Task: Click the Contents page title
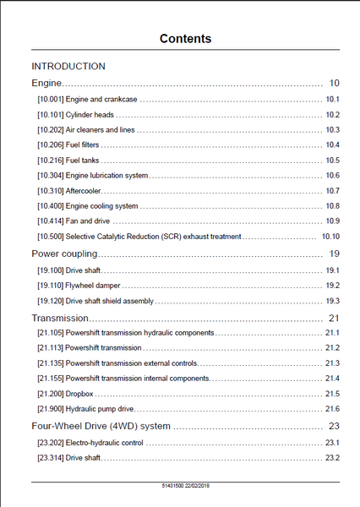pyautogui.click(x=185, y=39)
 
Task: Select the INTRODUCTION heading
pyautogui.click(x=68, y=66)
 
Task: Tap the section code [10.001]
pyautogui.click(x=51, y=99)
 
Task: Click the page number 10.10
pyautogui.click(x=330, y=237)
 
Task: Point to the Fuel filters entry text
pyautogui.click(x=82, y=144)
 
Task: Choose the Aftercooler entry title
pyautogui.click(x=84, y=191)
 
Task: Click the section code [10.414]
pyautogui.click(x=51, y=221)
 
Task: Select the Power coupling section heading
pyautogui.click(x=64, y=253)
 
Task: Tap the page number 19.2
pyautogui.click(x=332, y=286)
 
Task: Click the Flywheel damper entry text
pyautogui.click(x=93, y=286)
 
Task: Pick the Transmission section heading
pyautogui.click(x=60, y=319)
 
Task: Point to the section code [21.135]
pyautogui.click(x=51, y=363)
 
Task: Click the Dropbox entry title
pyautogui.click(x=79, y=394)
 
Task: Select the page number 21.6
pyautogui.click(x=332, y=409)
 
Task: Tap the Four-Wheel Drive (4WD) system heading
pyautogui.click(x=101, y=426)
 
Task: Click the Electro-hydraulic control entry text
pyautogui.click(x=105, y=443)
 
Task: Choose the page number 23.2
pyautogui.click(x=332, y=458)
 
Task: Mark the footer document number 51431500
pyautogui.click(x=173, y=485)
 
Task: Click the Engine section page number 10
pyautogui.click(x=334, y=83)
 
